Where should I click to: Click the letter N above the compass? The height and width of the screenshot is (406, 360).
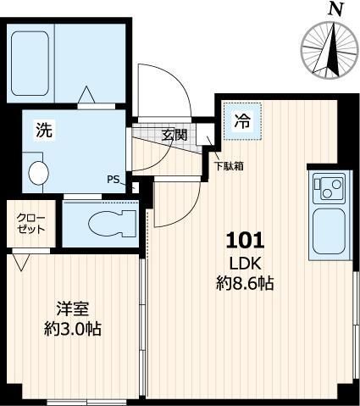click(336, 9)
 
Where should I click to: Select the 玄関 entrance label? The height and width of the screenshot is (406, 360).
click(174, 135)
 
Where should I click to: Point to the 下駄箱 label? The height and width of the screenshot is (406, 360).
click(229, 166)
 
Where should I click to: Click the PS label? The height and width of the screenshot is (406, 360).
click(113, 178)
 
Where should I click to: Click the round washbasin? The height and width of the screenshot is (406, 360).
click(39, 172)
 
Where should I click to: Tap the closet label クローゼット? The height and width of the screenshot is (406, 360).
click(26, 223)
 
